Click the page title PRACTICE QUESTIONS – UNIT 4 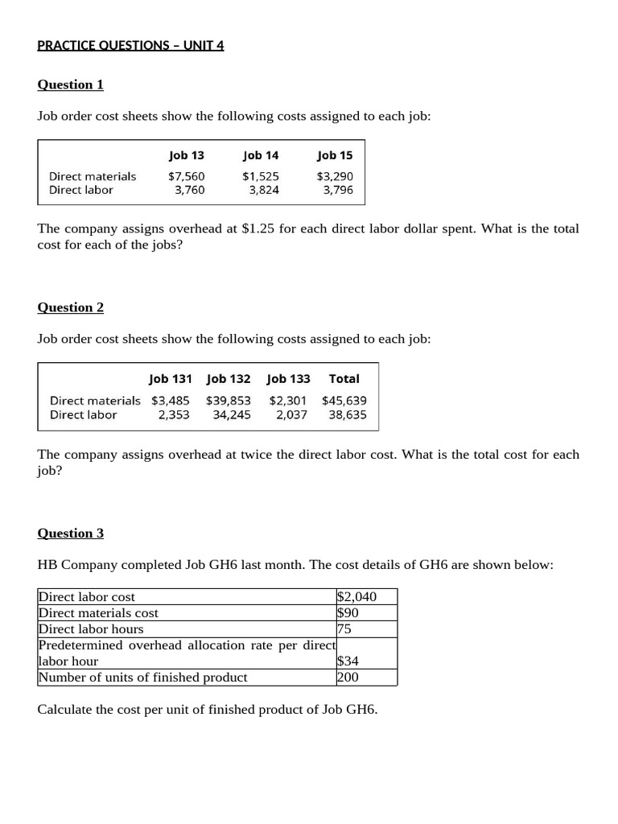[x=130, y=45]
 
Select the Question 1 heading [x=71, y=84]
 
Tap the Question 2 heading [x=71, y=307]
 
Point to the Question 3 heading [x=71, y=533]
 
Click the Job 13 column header [x=187, y=155]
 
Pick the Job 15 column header [x=335, y=155]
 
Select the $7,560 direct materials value [x=187, y=176]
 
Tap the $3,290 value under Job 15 [x=335, y=176]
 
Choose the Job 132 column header [x=229, y=378]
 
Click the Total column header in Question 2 [x=344, y=378]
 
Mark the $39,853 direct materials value [x=229, y=400]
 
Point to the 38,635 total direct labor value [x=348, y=414]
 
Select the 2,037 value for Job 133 [x=291, y=414]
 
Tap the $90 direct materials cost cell [x=348, y=613]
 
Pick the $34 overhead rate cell [x=348, y=661]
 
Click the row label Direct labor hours [x=91, y=629]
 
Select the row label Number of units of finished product [x=142, y=678]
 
